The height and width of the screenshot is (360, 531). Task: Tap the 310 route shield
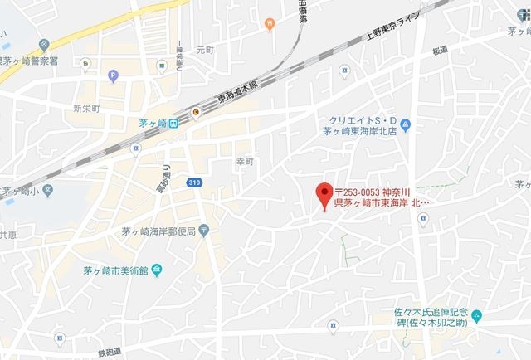pos(195,182)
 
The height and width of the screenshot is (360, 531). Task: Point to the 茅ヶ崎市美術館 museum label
pos(115,270)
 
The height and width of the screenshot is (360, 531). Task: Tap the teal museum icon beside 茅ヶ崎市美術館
pos(158,270)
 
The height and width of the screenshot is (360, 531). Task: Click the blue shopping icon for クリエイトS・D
pos(405,127)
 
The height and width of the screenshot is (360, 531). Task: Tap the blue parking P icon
pos(113,76)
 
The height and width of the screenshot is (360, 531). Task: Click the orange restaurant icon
pos(269,25)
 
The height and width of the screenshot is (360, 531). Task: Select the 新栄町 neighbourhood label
pos(85,109)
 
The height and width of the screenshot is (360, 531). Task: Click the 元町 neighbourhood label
pos(205,51)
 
